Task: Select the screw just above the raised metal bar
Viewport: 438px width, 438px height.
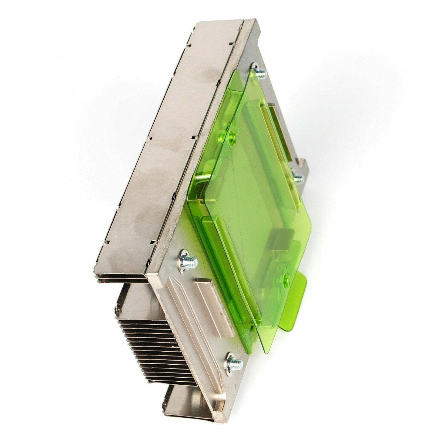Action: click(187, 261)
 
